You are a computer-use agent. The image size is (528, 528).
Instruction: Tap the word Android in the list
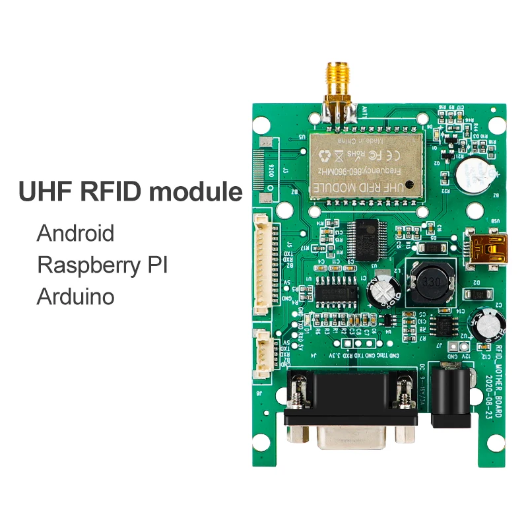tap(75, 233)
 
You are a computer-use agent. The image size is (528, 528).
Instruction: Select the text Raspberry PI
tap(102, 265)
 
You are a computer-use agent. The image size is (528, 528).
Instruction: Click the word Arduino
tap(75, 296)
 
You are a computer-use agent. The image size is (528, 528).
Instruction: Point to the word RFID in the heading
tap(108, 191)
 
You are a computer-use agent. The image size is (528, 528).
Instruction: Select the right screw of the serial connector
tap(401, 393)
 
